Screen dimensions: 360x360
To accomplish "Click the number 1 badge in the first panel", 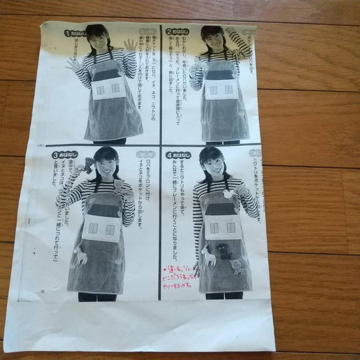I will coord(67,33).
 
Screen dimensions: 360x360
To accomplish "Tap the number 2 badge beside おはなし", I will coord(169,32).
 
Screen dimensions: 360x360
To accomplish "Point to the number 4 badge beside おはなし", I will coord(169,155).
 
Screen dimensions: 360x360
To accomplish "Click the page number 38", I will coord(42,291).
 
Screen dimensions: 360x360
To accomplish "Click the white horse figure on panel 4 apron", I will coord(209,256).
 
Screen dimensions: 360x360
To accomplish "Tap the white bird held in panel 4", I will coord(229,194).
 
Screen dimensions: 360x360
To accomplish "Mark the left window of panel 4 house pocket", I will coord(214,228).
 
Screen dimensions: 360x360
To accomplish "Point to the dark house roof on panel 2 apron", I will coord(219,75).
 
